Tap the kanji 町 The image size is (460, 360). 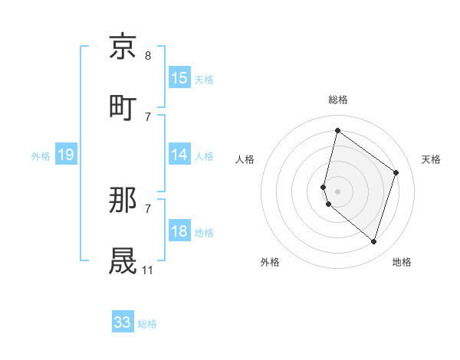(x=123, y=106)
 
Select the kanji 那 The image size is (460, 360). (x=123, y=201)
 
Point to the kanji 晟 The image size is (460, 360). (x=123, y=260)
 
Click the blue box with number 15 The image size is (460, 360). (x=179, y=77)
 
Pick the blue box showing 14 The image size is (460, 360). (x=179, y=155)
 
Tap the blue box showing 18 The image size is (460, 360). (x=179, y=232)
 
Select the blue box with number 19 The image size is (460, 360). (x=66, y=155)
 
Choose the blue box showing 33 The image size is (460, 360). (x=123, y=322)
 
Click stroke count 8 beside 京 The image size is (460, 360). (x=148, y=56)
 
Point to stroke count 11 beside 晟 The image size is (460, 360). (x=148, y=270)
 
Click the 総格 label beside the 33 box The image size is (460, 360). (x=147, y=324)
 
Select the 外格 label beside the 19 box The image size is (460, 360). (x=41, y=155)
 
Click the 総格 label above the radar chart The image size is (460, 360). (x=338, y=100)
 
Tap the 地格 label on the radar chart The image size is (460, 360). (x=402, y=262)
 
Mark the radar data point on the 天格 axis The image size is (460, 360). (x=396, y=172)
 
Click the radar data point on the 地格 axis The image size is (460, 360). (x=373, y=241)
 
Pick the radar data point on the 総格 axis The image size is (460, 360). (x=337, y=130)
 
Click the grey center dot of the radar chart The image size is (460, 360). (x=337, y=191)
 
